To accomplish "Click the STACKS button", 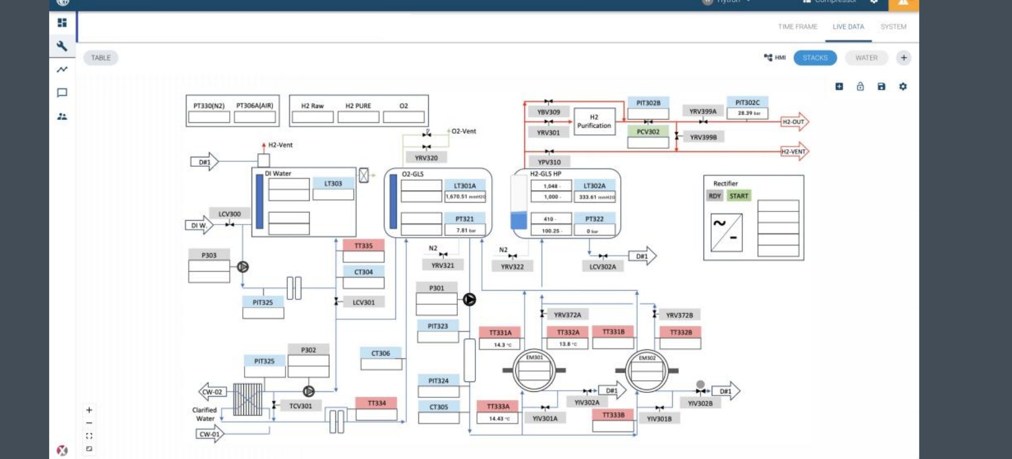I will tap(815, 58).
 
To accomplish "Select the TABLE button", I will tap(101, 58).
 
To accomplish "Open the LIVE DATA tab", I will tap(848, 27).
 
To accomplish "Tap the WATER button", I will tap(866, 58).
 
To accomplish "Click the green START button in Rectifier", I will tap(738, 196).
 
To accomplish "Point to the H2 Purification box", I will tap(594, 121).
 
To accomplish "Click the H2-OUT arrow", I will tap(794, 122).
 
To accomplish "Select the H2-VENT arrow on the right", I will tap(794, 152).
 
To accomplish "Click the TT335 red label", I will tap(363, 246).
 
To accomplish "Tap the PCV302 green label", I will tap(648, 132).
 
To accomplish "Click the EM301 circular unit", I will tap(534, 370).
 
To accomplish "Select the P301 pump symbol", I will tap(469, 299).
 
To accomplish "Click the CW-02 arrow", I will tap(212, 392).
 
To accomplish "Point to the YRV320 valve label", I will tap(426, 158).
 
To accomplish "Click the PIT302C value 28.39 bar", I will tap(747, 113).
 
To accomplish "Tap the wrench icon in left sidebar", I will tap(62, 46).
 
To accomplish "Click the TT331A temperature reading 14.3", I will tap(500, 345).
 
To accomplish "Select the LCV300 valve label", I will tap(229, 214).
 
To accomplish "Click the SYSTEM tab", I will tap(893, 27).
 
